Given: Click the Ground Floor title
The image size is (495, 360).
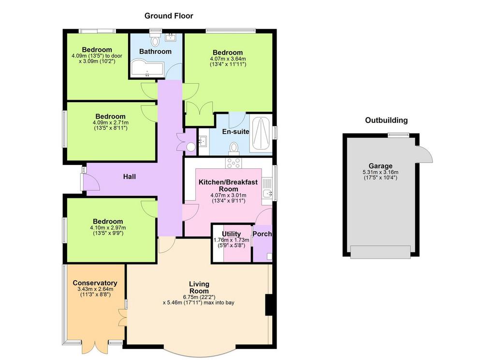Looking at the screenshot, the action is tap(169, 16).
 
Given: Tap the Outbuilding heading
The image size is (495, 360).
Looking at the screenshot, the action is tap(386, 120).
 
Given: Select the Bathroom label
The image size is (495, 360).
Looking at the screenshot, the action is tap(155, 51).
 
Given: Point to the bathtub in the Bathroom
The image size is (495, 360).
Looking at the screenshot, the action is tap(147, 68).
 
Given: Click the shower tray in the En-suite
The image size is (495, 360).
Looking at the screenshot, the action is tap(261, 134).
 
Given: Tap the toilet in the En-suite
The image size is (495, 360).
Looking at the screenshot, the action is tap(234, 148).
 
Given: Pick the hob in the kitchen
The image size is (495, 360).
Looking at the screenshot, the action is tap(233, 163).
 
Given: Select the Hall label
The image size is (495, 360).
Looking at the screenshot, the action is tap(130, 177).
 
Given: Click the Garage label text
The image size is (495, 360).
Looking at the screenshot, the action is tap(380, 166).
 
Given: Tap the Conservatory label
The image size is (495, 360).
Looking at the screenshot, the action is tap(95, 283).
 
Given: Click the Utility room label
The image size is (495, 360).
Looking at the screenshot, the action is tap(232, 234).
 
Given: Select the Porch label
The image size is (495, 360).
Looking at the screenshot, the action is tap(262, 234).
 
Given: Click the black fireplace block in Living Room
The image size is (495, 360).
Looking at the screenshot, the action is tap(269, 305).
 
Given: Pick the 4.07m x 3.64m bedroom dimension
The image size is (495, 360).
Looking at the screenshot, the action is tap(228, 59).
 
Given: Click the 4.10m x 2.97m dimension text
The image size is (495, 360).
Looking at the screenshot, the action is tap(108, 227).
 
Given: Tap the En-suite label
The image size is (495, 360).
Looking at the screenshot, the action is tap(235, 132).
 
